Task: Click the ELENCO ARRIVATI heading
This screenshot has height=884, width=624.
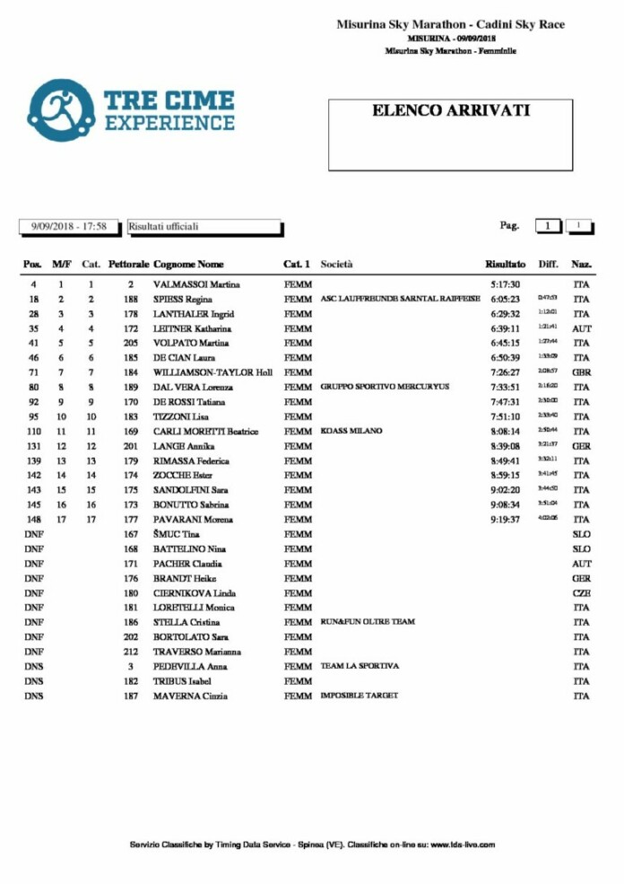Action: click(x=450, y=111)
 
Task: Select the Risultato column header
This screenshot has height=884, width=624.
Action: click(x=506, y=265)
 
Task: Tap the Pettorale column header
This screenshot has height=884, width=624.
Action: click(x=128, y=265)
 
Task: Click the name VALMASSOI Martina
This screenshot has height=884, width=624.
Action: click(x=196, y=284)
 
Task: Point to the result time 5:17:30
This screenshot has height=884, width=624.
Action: click(x=506, y=284)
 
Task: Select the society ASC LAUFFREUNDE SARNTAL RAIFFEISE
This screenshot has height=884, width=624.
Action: click(x=400, y=299)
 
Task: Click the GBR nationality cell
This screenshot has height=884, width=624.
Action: click(x=581, y=372)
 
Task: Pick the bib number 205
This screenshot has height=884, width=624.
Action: click(x=131, y=343)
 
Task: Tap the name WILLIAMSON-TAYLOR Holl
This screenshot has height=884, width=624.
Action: click(x=212, y=372)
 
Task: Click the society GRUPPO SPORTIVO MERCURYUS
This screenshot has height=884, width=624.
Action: click(x=385, y=387)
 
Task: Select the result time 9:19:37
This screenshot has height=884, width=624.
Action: click(x=506, y=520)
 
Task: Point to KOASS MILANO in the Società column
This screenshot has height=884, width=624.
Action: click(x=351, y=431)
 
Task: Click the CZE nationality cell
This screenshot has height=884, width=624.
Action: click(x=581, y=593)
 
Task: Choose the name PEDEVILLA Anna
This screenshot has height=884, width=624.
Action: click(x=190, y=667)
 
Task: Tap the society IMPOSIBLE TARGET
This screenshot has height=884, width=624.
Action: click(x=360, y=696)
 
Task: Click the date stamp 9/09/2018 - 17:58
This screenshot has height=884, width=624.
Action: click(x=69, y=227)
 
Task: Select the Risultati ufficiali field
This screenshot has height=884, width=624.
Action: click(x=204, y=227)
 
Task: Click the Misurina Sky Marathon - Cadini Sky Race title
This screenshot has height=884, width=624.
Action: click(x=450, y=25)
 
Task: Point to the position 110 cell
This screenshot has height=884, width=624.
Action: click(x=34, y=432)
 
